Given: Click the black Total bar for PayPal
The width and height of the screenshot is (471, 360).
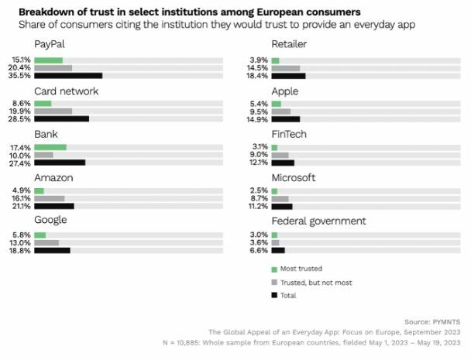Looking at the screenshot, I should coord(68,76).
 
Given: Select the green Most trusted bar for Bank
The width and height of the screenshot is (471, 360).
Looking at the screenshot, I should coord(50,147).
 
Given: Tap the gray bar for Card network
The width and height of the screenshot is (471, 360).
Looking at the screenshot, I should coord(53,111).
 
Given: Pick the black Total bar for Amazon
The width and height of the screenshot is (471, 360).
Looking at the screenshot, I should coord(54,207).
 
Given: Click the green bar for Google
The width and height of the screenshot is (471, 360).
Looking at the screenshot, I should coord(40,235).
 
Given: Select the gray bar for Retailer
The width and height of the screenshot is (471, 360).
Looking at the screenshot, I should coord(286,68).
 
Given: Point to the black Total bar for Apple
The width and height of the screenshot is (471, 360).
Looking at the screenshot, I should coord(286,119).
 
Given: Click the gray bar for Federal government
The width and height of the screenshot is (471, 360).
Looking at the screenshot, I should coord(275,242).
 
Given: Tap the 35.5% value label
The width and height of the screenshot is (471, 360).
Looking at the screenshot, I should coord(21,76).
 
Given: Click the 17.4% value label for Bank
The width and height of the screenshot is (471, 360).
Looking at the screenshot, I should coord(21,147).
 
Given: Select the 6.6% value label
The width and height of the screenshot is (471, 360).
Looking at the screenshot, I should coord(258,250).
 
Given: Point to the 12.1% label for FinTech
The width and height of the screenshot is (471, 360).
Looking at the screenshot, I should coord(258,163).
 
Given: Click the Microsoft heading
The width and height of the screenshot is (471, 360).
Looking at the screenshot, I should coord(294,177).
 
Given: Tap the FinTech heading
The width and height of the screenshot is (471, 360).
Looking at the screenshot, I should coord(289,134).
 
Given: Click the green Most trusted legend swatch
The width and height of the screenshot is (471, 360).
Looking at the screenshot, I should coord(274,269).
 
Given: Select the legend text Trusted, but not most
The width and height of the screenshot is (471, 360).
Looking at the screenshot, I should coord(315,283).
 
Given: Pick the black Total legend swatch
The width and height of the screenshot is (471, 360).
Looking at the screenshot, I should coord(274,295).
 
